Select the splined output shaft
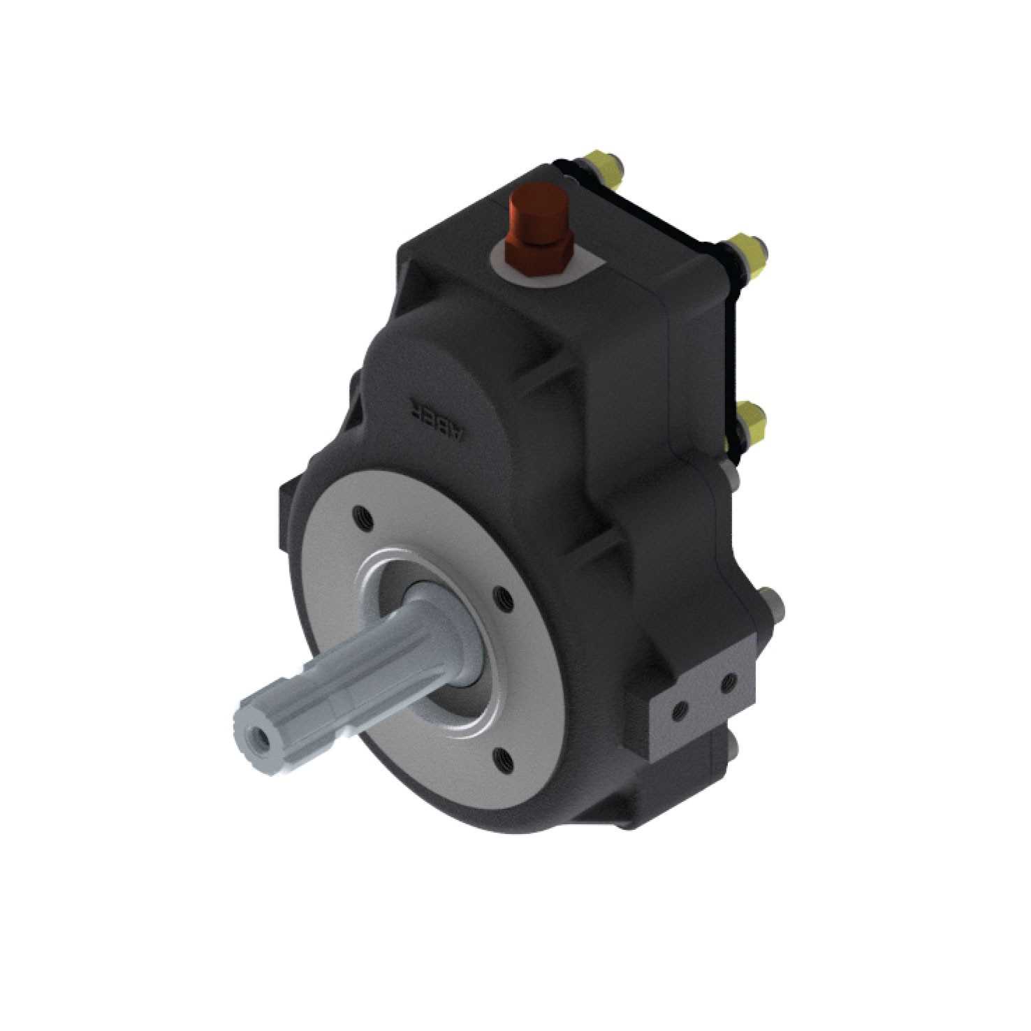(x=335, y=685)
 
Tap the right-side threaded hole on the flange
(x=500, y=595)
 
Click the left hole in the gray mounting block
(x=677, y=711)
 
